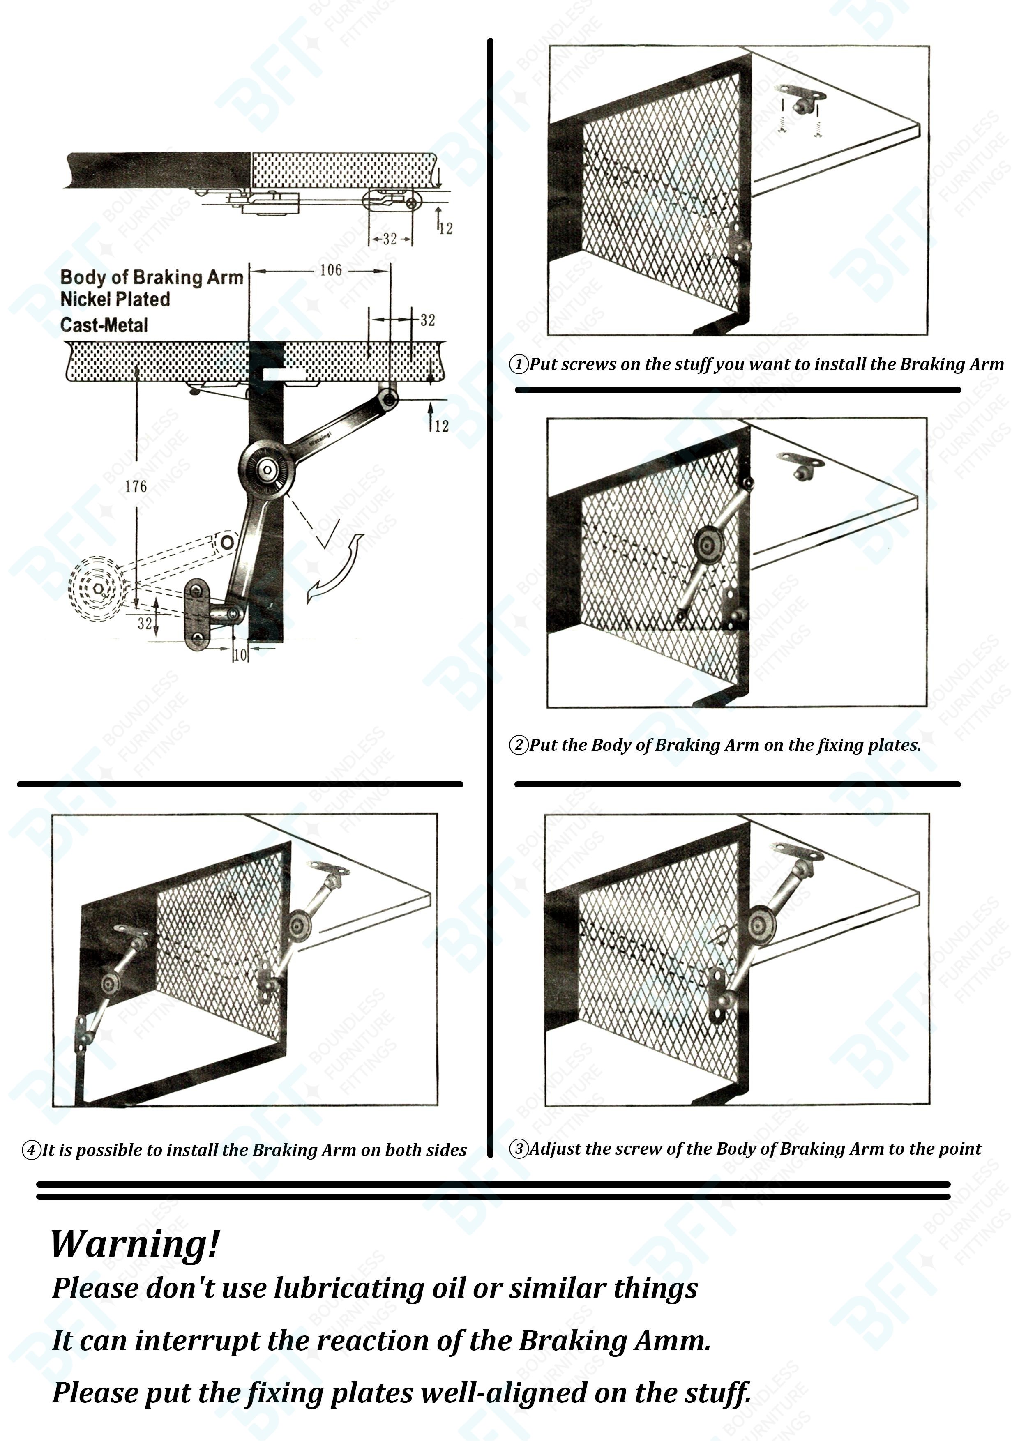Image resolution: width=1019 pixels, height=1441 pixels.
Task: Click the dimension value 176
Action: pos(136,486)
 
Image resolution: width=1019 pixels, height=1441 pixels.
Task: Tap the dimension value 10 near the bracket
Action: pos(240,655)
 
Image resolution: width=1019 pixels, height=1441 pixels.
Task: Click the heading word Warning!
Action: pos(135,1244)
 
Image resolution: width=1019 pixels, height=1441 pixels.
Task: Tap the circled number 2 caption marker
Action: pos(519,745)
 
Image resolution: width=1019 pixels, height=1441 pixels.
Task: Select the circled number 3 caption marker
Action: pos(519,1149)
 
